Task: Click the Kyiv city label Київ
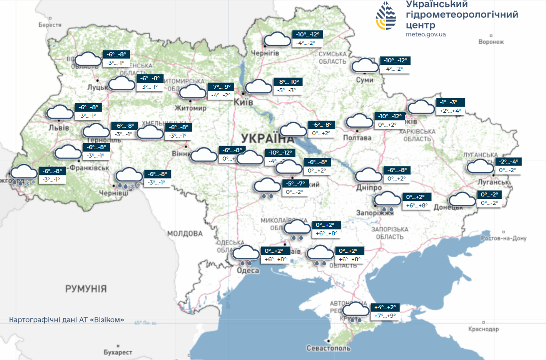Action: [244, 102]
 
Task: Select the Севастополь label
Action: [329, 348]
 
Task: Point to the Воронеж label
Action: [491, 42]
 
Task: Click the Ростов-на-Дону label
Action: [504, 238]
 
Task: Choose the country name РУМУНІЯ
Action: [86, 288]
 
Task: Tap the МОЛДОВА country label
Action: [185, 233]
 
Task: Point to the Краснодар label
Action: [483, 329]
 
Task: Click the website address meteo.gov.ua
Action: [425, 34]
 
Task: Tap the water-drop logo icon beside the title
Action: [387, 17]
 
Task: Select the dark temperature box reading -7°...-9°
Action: [220, 86]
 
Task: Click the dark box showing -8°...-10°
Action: [288, 82]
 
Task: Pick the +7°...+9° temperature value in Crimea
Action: [385, 316]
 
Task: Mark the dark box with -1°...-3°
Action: [450, 102]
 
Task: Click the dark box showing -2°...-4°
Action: [509, 161]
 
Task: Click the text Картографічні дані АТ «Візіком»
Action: [67, 320]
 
